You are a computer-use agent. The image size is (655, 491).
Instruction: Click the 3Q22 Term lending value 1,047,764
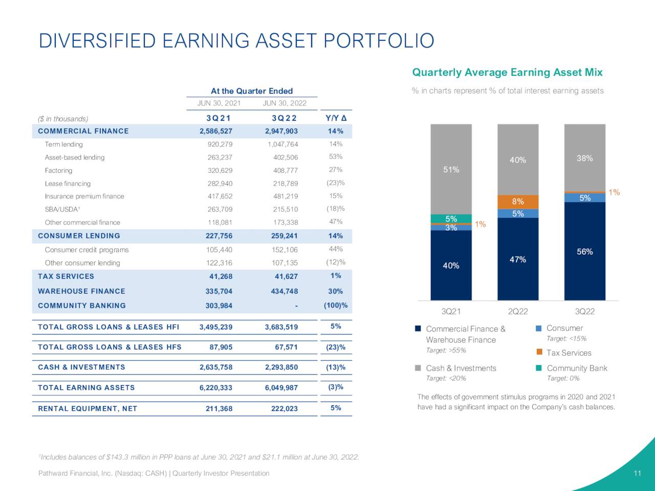point(282,144)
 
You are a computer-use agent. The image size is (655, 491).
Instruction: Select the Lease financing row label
point(68,184)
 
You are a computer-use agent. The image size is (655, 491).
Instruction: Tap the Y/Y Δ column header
point(336,118)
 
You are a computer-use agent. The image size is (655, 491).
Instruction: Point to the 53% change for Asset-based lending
point(336,157)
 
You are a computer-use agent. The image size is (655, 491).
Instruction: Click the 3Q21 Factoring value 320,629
point(220,170)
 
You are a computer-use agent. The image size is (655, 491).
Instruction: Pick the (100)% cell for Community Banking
point(336,305)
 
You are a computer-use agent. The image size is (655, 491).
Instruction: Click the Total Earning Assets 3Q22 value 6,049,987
point(281,388)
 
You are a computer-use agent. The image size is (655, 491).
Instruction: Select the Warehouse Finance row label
point(81,291)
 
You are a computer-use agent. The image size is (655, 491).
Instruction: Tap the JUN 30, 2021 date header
point(219,103)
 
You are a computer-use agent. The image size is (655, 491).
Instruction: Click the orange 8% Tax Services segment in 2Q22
point(518,202)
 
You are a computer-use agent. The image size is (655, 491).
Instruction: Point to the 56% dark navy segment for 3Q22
point(584,251)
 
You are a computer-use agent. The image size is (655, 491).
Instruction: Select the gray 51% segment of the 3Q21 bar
point(451,169)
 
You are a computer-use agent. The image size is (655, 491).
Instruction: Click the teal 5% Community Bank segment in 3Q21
point(451,218)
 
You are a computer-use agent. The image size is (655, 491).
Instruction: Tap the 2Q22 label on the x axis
point(518,311)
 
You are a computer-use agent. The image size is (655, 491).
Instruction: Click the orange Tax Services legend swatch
point(539,352)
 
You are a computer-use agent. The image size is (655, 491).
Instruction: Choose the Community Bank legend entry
point(577,368)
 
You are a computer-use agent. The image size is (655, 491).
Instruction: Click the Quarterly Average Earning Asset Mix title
point(507,73)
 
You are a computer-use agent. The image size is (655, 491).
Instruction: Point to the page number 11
point(637,473)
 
